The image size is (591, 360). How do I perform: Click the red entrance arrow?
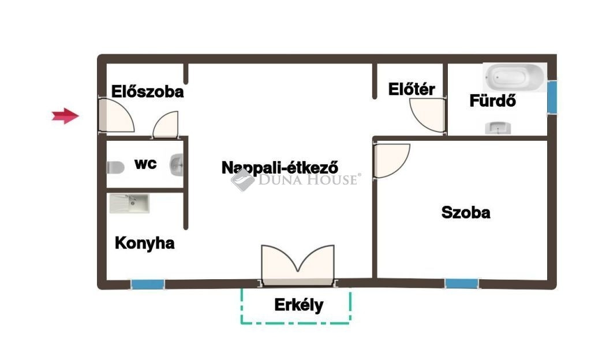click(65, 115)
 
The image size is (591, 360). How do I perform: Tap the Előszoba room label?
click(147, 92)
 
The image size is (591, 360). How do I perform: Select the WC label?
click(145, 164)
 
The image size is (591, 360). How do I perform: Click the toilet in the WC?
click(115, 167)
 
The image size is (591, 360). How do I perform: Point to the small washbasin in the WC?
click(177, 165)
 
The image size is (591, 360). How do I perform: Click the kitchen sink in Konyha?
click(129, 203)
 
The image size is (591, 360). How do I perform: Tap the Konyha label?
click(145, 243)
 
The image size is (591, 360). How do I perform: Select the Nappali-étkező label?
click(280, 167)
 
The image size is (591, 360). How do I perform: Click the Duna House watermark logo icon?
click(242, 179)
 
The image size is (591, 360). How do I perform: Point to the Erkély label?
click(299, 305)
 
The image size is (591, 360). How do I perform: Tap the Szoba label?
click(466, 212)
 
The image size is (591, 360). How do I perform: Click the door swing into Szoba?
click(391, 160)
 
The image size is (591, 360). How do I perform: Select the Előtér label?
click(412, 89)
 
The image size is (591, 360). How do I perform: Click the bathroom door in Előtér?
click(428, 115)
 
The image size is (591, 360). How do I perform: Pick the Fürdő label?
click(493, 101)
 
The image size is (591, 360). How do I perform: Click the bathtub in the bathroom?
click(514, 77)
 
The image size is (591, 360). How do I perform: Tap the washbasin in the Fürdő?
click(498, 128)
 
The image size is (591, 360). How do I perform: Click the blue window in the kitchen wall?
click(148, 284)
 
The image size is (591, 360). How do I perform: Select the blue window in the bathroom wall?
click(552, 97)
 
